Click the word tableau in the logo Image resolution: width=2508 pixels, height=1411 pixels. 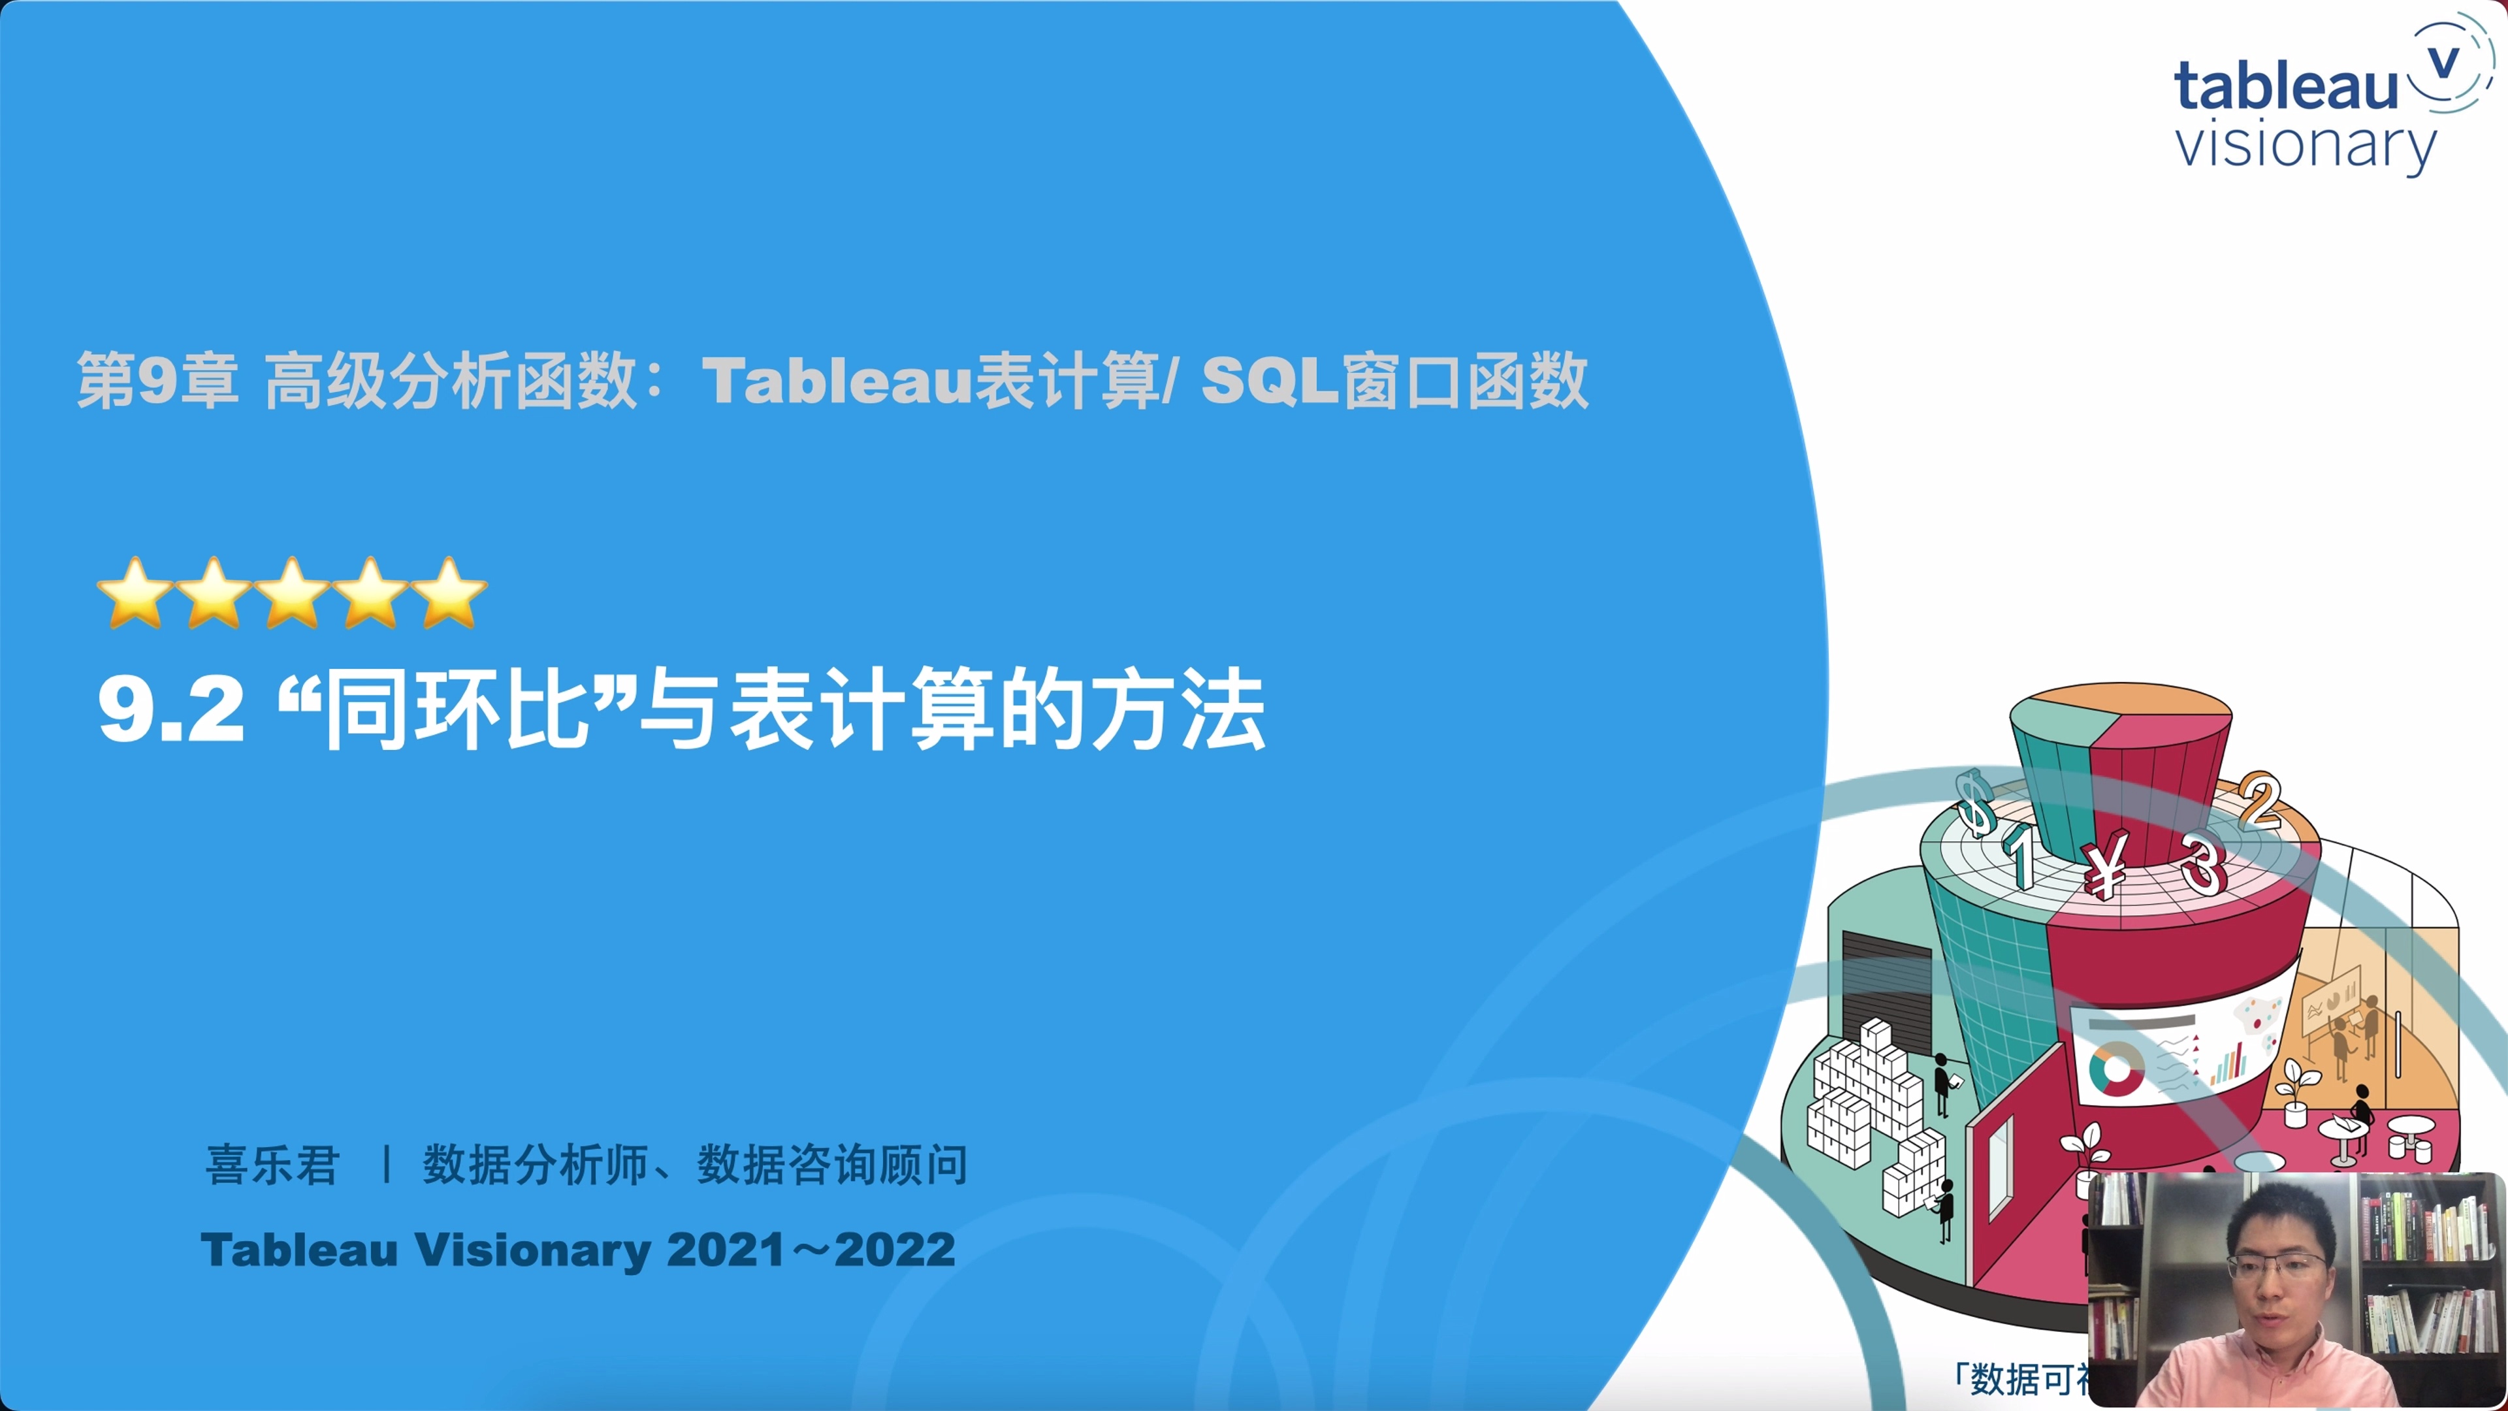pos(2285,86)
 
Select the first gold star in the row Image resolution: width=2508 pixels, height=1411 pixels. pos(135,593)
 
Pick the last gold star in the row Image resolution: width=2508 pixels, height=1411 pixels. pos(449,593)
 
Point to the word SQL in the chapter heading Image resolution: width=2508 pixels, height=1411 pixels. pos(1270,380)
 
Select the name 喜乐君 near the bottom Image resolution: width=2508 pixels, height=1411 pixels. pos(272,1165)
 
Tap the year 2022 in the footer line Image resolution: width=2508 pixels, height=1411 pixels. pos(895,1250)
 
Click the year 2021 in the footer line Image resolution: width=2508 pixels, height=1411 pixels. pos(726,1250)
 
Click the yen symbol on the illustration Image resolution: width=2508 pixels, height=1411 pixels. pos(2105,867)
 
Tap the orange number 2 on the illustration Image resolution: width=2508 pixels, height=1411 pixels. pos(2260,800)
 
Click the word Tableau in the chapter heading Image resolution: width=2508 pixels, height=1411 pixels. pos(837,380)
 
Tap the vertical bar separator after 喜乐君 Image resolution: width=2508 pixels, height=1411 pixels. pos(387,1165)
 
